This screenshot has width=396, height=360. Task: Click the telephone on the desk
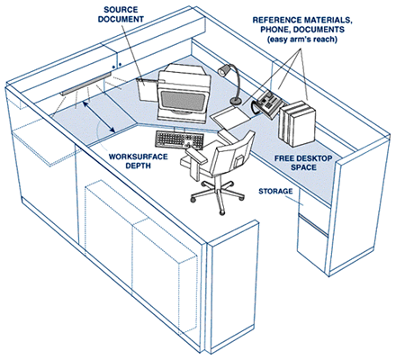[266, 102]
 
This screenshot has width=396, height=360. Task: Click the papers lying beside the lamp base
[227, 116]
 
